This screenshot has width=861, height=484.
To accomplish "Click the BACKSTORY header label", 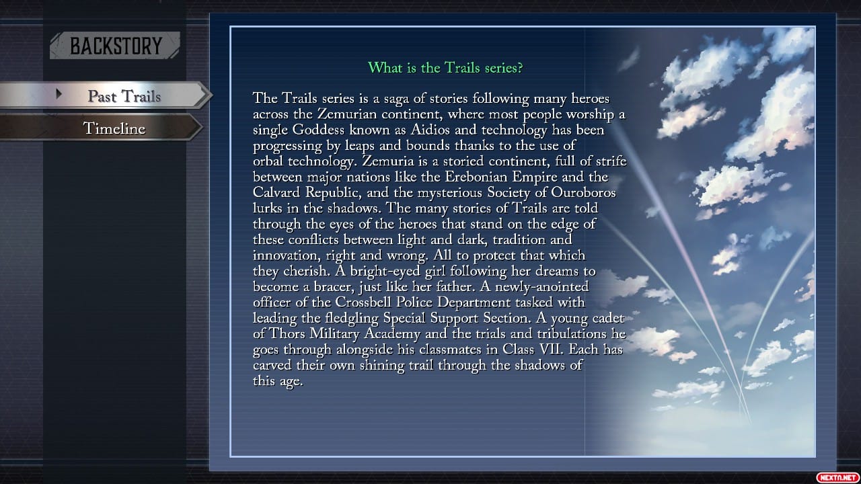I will pos(116,46).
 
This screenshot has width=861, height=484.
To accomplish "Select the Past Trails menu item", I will pos(124,96).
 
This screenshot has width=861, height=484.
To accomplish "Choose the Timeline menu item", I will pos(114,128).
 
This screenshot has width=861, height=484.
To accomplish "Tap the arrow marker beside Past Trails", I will pos(59,94).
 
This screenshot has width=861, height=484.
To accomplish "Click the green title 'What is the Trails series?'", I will pos(445,67).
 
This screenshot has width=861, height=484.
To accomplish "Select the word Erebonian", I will pos(478,177).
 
